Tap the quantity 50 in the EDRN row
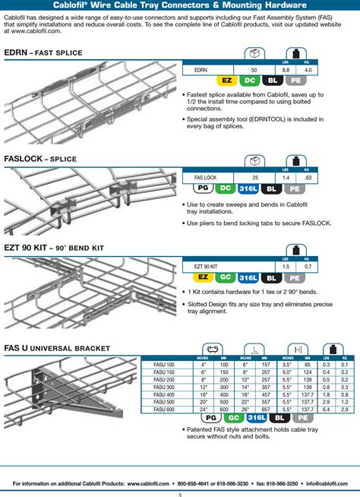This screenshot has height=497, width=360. (254, 69)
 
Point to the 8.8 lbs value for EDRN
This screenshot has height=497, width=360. (286, 69)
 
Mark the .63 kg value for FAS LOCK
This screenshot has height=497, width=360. (306, 178)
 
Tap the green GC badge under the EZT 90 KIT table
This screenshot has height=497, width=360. (226, 277)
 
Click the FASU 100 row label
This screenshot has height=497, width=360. (163, 365)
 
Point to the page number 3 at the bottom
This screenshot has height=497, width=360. (180, 493)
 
